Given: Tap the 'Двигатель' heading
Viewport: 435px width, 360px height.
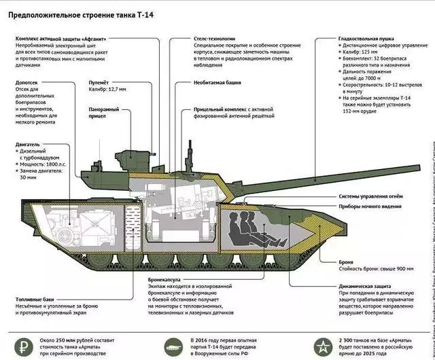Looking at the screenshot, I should (x=27, y=145).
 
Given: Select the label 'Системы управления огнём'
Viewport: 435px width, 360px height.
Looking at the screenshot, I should (x=375, y=195).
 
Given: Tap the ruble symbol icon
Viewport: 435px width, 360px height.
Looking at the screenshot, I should (x=25, y=339).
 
